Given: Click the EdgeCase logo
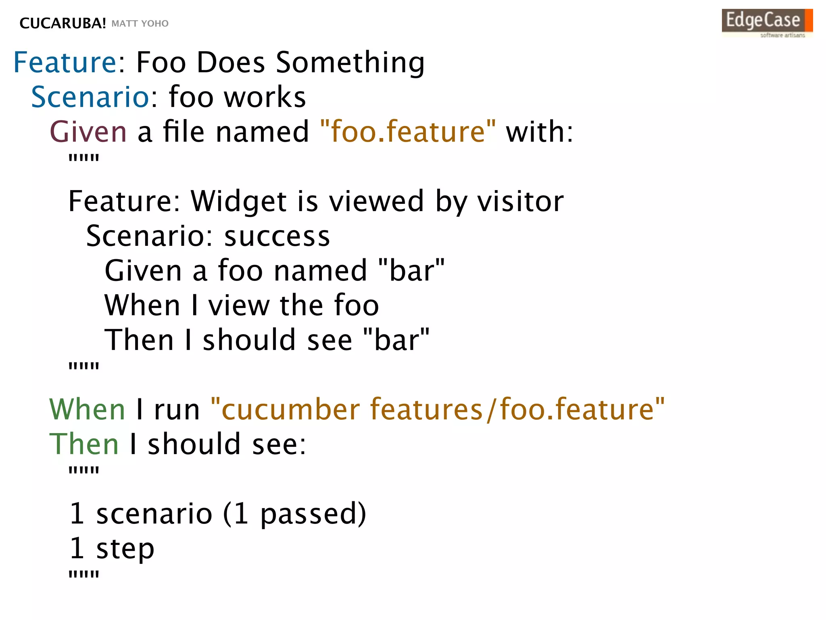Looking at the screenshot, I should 767,23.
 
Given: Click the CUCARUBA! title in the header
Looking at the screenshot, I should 63,23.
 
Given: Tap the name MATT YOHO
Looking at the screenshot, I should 140,23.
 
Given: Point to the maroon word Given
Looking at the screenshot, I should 88,132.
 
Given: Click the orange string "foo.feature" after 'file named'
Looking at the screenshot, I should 408,132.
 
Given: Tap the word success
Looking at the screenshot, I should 277,236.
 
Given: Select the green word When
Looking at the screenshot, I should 87,409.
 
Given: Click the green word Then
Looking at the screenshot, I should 84,444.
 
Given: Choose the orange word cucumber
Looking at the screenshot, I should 290,409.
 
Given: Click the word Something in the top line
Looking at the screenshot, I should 350,63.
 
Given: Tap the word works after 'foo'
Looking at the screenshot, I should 265,97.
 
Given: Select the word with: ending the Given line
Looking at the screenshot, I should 539,132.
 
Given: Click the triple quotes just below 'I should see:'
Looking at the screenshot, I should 84,471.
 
